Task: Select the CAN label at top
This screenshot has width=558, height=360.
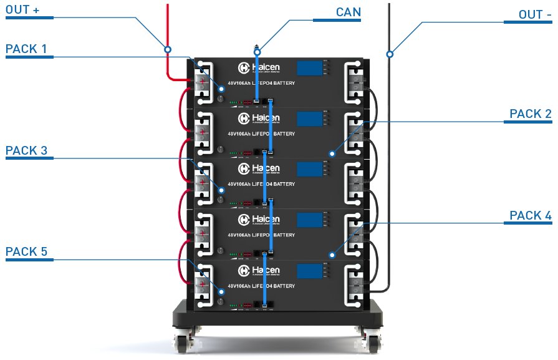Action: pos(348,12)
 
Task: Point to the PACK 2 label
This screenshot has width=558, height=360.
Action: pos(530,114)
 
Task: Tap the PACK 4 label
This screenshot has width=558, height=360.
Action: pos(530,216)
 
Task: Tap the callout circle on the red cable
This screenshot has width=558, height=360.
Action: pos(167,49)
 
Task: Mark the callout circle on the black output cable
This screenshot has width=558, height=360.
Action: pos(390,54)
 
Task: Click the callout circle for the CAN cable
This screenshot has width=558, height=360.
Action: pos(256,52)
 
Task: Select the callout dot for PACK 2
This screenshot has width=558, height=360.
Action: pos(332,153)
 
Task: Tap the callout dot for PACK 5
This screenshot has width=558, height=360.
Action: pos(221,290)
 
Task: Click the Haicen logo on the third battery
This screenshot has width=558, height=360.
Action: pos(259,169)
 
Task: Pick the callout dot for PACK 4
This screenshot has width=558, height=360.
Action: pos(332,255)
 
